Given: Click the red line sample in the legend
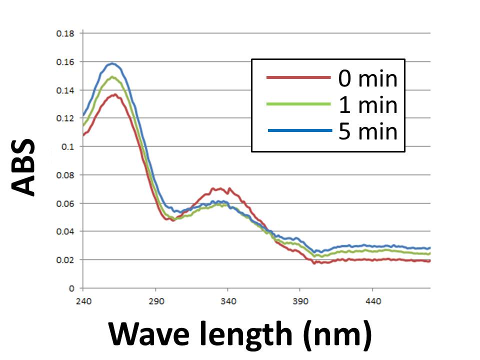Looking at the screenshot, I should [298, 78].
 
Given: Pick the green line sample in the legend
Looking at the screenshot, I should [298, 104].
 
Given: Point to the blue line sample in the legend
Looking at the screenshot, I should [298, 130].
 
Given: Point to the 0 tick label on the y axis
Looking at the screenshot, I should [72, 288].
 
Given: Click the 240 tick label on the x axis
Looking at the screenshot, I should [83, 301].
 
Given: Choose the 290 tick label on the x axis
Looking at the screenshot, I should [155, 301].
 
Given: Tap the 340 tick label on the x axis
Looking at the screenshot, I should [228, 301].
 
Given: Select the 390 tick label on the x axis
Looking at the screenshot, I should [300, 301].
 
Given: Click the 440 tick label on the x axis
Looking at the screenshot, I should [373, 301].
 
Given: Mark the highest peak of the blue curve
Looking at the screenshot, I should [112, 63].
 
